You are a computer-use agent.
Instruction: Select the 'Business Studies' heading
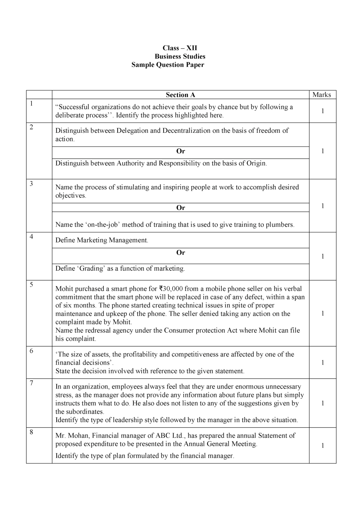point(180,57)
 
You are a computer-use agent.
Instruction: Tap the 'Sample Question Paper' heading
point(168,65)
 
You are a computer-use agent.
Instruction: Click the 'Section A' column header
point(180,95)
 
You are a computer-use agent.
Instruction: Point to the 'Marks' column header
point(322,95)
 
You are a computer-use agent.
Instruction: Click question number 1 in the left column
point(32,104)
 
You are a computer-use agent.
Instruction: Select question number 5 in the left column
point(32,285)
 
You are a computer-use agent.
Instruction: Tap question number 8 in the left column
point(32,432)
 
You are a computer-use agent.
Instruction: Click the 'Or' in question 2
point(180,151)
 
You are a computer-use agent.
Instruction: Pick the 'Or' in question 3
point(180,208)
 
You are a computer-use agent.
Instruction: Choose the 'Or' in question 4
point(180,253)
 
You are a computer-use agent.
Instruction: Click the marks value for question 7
point(322,403)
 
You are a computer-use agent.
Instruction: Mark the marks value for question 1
point(322,111)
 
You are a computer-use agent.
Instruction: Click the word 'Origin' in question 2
point(256,164)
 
